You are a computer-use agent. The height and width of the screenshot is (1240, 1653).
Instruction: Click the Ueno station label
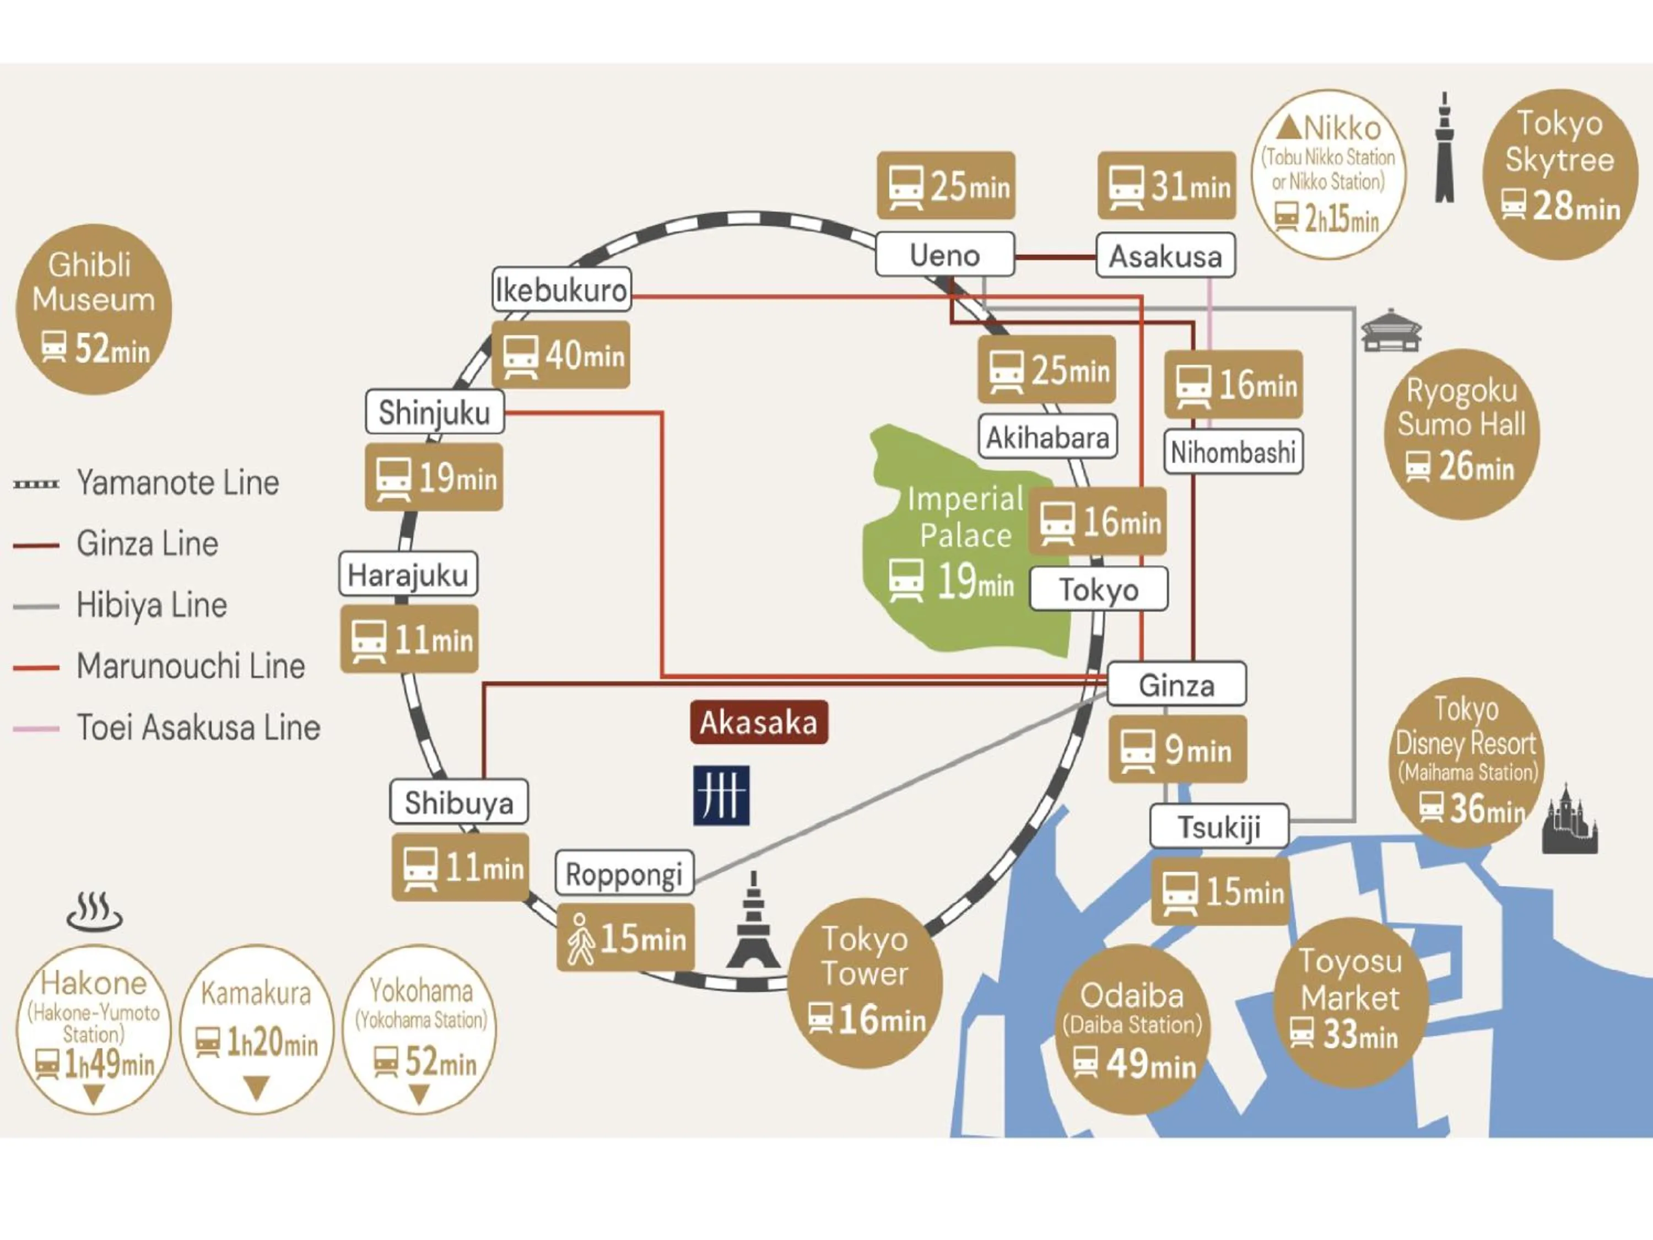(x=944, y=255)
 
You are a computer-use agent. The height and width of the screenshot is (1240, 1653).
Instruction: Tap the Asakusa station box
(x=1165, y=256)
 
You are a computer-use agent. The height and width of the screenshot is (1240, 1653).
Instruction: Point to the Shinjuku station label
(x=434, y=412)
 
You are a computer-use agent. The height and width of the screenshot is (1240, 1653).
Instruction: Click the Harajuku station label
(x=408, y=575)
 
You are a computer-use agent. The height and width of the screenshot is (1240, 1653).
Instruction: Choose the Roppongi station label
(x=624, y=873)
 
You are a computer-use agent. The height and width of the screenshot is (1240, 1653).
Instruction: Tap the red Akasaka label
(x=759, y=722)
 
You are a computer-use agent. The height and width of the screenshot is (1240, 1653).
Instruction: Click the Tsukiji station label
(x=1219, y=827)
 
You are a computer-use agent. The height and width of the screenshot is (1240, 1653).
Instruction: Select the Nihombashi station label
(x=1233, y=451)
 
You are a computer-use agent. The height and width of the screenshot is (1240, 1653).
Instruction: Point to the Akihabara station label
(x=1047, y=436)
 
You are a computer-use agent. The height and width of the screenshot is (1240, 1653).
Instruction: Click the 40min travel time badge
(x=560, y=355)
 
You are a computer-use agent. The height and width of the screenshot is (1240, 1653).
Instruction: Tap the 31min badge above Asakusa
(x=1166, y=185)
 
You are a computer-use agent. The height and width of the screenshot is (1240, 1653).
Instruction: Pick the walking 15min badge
(x=625, y=937)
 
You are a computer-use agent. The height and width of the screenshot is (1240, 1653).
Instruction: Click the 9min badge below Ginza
(x=1177, y=749)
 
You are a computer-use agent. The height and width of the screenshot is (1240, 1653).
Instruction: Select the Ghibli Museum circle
(x=94, y=309)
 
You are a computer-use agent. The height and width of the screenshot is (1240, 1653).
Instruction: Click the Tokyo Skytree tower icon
(x=1445, y=149)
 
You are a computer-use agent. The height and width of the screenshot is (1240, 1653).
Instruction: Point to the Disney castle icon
(x=1569, y=821)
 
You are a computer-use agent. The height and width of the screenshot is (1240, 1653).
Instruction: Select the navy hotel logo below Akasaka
(x=721, y=795)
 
